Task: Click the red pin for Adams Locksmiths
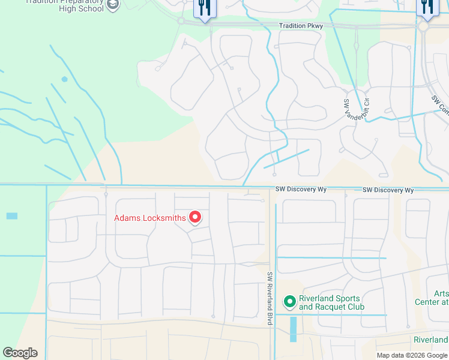click(195, 216)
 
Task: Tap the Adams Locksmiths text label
click(150, 218)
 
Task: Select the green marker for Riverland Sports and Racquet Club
click(290, 301)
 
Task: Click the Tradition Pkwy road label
click(301, 26)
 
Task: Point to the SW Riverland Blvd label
click(271, 299)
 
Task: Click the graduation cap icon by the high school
click(112, 5)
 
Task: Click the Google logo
click(20, 353)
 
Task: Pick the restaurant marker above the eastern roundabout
click(427, 7)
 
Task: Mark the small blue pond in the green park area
click(64, 79)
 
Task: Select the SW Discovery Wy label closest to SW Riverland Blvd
click(301, 190)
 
